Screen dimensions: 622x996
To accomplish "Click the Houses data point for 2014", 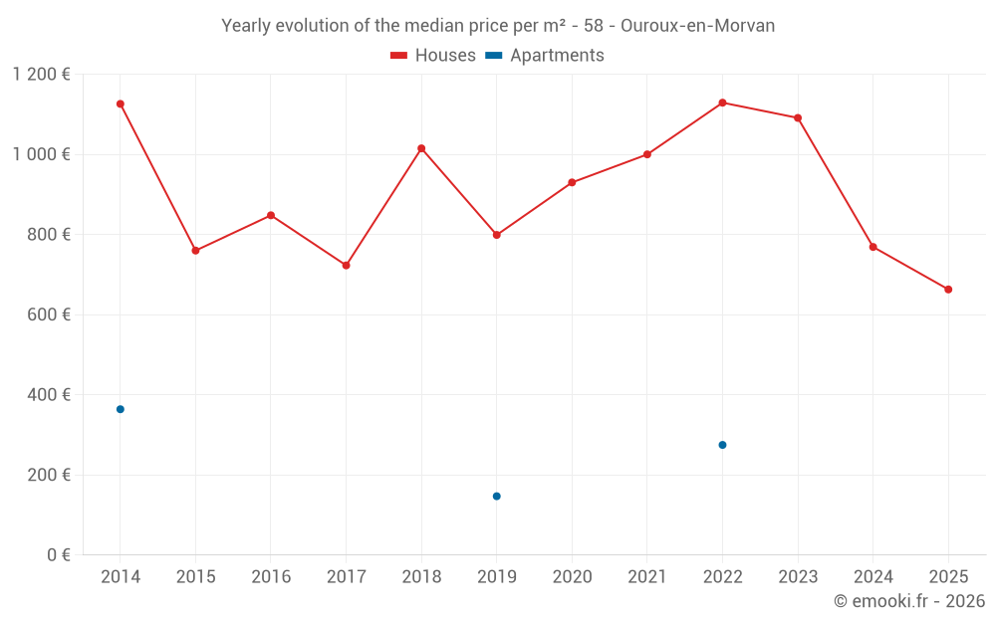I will (x=121, y=104).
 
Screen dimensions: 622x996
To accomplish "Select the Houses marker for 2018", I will (x=421, y=148).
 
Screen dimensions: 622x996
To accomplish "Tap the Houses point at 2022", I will (x=722, y=103).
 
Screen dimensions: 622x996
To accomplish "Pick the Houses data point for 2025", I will (x=948, y=290).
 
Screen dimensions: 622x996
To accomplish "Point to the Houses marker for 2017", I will (x=346, y=266).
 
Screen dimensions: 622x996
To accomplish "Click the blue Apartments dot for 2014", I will (x=121, y=409).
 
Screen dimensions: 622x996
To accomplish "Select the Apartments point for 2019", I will (x=496, y=496).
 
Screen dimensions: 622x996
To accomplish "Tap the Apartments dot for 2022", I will (x=722, y=445).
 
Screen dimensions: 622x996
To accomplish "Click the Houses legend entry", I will (x=433, y=56).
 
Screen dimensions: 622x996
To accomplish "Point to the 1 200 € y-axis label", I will (x=42, y=75).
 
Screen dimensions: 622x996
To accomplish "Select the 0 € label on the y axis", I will (x=59, y=555).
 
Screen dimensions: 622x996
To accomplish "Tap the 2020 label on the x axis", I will (x=572, y=577).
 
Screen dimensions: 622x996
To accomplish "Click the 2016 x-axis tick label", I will (x=271, y=577).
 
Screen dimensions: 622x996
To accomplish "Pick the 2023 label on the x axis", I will (x=798, y=577).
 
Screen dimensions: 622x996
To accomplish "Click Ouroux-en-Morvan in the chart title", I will (x=704, y=26).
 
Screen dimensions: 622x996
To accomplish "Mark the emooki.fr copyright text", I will (x=908, y=601).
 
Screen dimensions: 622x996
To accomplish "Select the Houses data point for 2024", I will (x=872, y=247).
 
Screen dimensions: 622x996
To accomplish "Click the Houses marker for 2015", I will (x=195, y=251).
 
